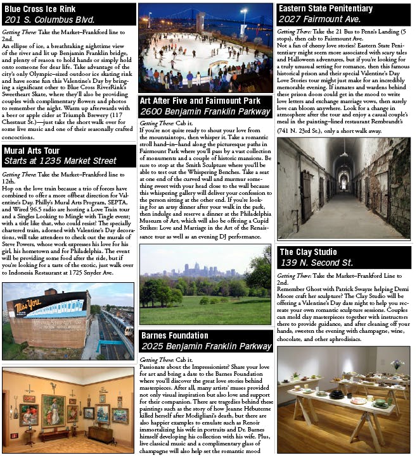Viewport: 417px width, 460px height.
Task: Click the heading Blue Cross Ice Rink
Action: tap(40, 9)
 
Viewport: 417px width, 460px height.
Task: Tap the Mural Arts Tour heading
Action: tap(32, 151)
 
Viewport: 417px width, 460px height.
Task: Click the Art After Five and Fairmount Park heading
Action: tap(200, 101)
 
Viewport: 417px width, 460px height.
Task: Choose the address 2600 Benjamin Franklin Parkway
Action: tap(205, 112)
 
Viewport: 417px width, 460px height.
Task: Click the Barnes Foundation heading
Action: tap(174, 335)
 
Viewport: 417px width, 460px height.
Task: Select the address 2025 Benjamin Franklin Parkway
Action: tap(206, 347)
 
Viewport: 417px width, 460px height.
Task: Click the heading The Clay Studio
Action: tap(311, 252)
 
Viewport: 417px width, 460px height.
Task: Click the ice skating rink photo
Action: tap(205, 47)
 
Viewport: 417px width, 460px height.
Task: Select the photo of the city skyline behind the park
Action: tap(205, 285)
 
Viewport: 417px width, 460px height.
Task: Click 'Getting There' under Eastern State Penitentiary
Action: tap(294, 31)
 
